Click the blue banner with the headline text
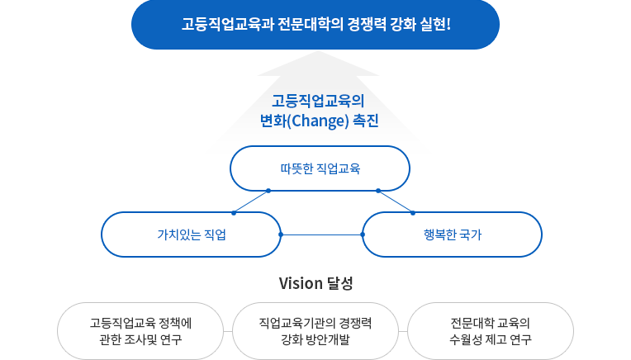tap(315, 25)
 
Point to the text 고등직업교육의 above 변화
tap(318, 101)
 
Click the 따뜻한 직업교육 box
tap(320, 168)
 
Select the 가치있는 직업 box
tap(191, 234)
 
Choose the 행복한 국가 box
tap(453, 234)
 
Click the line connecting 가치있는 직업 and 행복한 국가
tap(321, 234)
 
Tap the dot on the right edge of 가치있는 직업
tap(281, 234)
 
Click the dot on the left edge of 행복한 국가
tap(363, 234)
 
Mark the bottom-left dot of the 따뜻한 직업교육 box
tap(268, 191)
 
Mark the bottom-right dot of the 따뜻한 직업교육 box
tap(378, 191)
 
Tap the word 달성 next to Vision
tap(340, 283)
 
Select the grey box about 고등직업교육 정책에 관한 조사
tap(140, 331)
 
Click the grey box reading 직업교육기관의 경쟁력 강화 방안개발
tap(315, 331)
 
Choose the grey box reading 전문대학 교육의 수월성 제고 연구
tap(491, 331)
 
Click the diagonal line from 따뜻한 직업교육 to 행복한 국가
tap(396, 202)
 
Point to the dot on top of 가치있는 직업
tap(234, 213)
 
